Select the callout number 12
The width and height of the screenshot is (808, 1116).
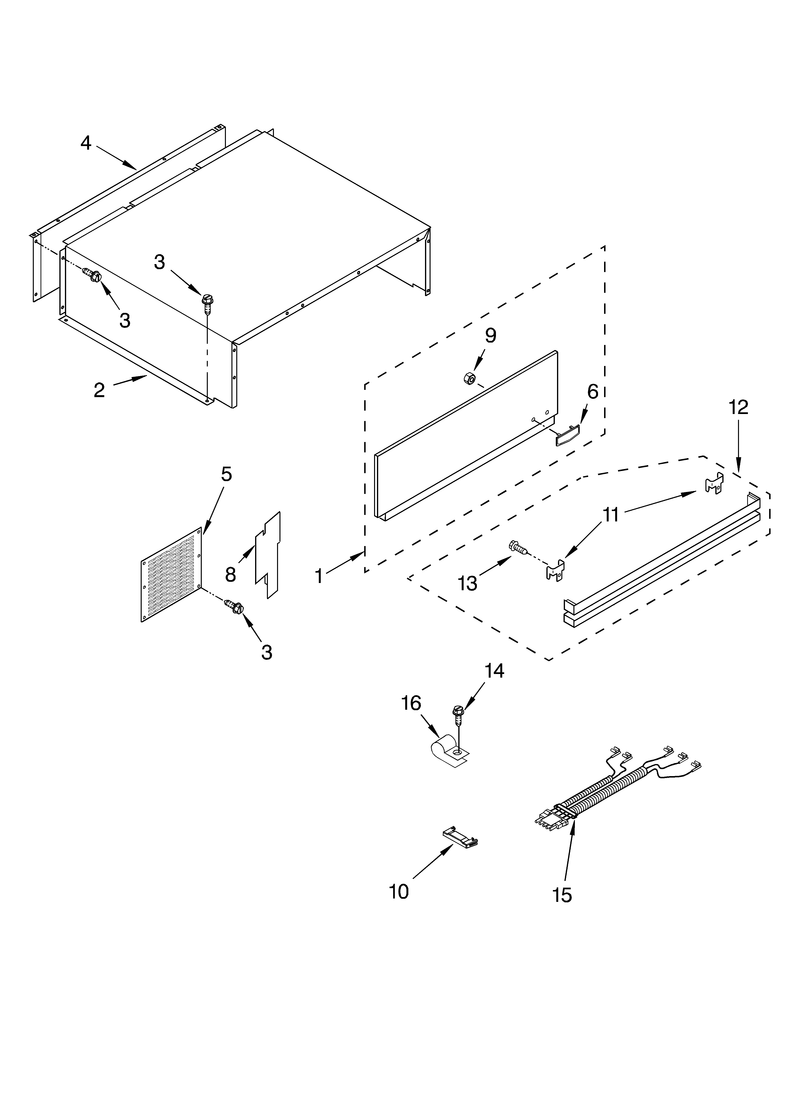tap(738, 407)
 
